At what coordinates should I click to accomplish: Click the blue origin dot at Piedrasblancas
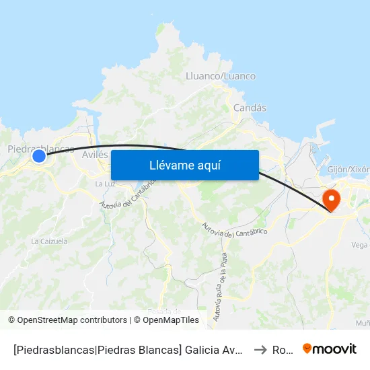point(39,156)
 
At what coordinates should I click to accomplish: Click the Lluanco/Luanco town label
point(221,76)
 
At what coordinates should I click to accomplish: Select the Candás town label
point(250,108)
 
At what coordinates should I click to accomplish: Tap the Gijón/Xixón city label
point(348,170)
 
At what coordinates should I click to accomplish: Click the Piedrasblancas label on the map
point(40,148)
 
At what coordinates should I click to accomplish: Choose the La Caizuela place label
point(49,241)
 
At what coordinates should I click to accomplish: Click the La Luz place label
point(104,184)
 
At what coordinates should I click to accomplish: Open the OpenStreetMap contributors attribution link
point(72,320)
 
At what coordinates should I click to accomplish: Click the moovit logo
point(330,348)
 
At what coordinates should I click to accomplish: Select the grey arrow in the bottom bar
point(260,349)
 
